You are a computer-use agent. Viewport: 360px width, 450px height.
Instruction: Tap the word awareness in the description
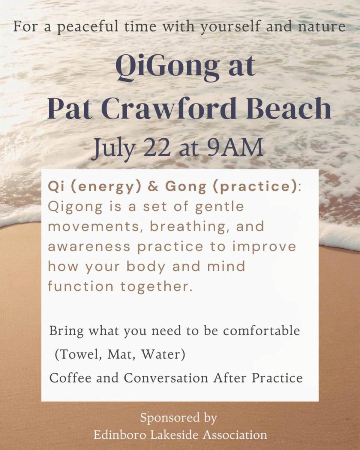coord(89,246)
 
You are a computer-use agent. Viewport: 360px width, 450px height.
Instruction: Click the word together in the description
coord(156,287)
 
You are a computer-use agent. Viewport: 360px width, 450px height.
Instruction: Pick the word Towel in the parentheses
coord(79,354)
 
